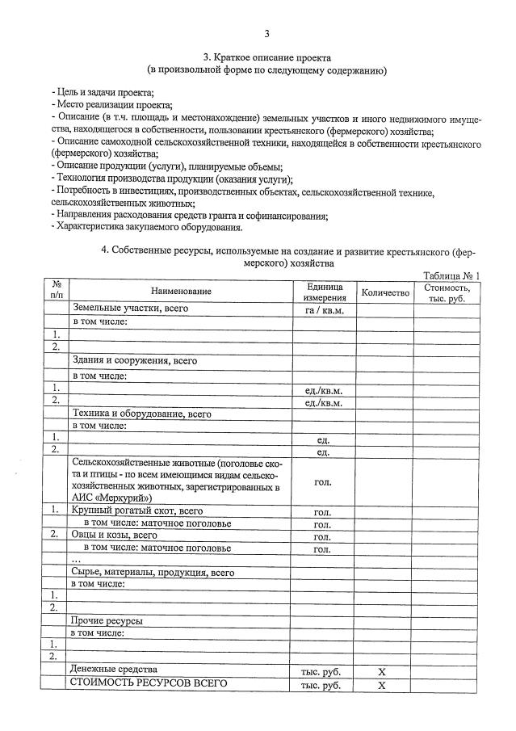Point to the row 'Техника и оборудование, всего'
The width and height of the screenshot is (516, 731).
141,414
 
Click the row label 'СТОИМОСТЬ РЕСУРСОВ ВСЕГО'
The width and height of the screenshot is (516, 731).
149,684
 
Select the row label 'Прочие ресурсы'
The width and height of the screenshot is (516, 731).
107,620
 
